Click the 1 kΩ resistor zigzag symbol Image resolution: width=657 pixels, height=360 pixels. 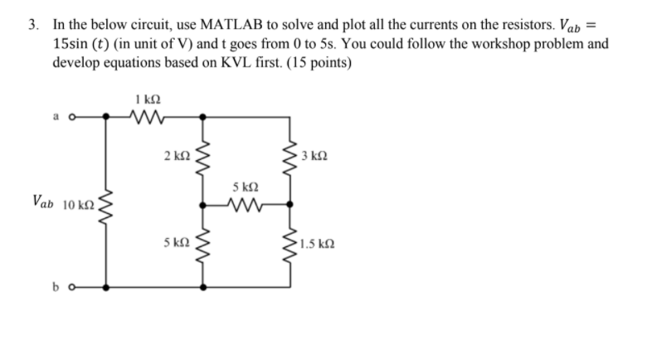(x=146, y=118)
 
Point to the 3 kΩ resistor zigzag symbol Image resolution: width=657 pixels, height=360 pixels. (x=291, y=154)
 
